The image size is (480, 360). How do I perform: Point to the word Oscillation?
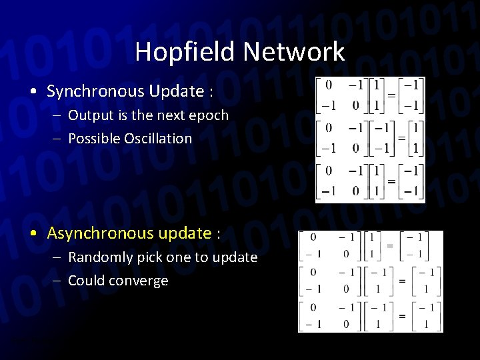tap(160, 139)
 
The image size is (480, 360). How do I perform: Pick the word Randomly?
tap(98, 257)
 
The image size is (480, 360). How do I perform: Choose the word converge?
tap(142, 281)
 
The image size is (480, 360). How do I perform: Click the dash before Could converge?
tap(58, 281)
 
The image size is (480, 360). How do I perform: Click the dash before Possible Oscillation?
tap(58, 139)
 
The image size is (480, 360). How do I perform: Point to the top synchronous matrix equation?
tap(371, 96)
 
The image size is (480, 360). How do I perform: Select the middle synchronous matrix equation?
tap(371, 137)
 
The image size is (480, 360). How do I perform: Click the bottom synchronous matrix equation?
tap(371, 181)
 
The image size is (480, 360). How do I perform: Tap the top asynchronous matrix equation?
tap(371, 247)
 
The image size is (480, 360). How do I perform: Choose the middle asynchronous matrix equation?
tap(371, 281)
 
